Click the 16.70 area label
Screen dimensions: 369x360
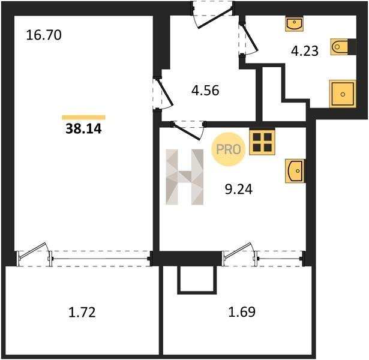(44, 35)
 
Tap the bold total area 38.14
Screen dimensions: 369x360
(83, 129)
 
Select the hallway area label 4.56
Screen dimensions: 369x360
(205, 91)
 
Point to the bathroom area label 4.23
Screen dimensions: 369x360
(305, 51)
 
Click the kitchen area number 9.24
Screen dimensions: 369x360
(239, 189)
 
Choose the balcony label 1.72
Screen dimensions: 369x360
(82, 313)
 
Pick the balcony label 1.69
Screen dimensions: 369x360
(242, 312)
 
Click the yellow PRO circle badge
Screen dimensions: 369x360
(228, 149)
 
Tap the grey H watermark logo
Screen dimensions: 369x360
(185, 177)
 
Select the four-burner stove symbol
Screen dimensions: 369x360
(262, 142)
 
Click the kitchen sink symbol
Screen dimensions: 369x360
(295, 171)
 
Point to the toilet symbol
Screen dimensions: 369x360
(340, 47)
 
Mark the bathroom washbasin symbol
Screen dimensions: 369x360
(295, 23)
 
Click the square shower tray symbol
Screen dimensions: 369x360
(343, 94)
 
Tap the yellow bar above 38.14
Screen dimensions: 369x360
(83, 118)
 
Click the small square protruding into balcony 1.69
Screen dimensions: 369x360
(197, 280)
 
